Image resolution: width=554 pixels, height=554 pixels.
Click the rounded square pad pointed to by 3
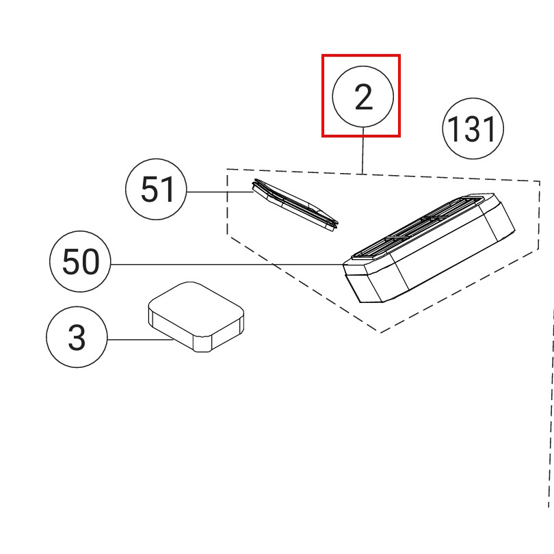click(196, 317)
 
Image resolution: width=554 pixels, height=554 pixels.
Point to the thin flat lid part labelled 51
click(295, 205)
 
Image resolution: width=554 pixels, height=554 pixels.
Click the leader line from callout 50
click(227, 264)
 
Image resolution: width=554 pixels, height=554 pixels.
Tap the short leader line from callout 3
click(141, 339)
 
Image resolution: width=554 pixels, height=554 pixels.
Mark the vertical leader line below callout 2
click(363, 150)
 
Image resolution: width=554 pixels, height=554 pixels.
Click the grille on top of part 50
click(418, 227)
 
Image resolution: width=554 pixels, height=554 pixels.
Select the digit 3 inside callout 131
click(473, 129)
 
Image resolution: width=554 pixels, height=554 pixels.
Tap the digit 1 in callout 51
click(168, 189)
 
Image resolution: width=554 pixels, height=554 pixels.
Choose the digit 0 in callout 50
click(91, 262)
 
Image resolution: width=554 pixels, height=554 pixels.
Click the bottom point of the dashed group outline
click(380, 332)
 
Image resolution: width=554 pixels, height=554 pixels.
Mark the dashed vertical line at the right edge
click(551, 408)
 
